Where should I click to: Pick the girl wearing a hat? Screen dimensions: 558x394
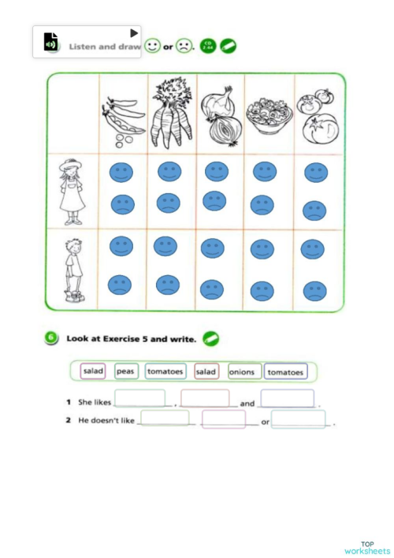point(72,191)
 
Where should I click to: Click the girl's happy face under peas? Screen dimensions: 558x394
point(121,173)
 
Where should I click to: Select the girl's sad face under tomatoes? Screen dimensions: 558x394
point(314,210)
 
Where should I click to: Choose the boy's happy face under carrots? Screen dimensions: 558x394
point(165,247)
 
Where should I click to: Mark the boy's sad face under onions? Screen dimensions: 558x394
point(211,289)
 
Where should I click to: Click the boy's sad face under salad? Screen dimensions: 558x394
point(262,291)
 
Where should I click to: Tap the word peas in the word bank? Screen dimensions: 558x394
point(125,370)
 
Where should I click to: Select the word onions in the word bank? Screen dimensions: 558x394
point(242,371)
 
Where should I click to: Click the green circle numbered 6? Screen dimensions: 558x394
point(51,338)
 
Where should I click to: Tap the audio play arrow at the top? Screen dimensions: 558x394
point(134,33)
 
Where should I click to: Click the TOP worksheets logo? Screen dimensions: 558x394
point(366,547)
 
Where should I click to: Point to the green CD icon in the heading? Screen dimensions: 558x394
point(208,46)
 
